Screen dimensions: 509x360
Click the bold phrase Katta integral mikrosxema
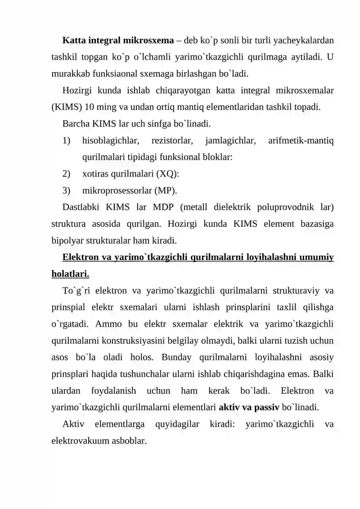click(118, 41)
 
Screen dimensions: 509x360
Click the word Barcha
click(76, 123)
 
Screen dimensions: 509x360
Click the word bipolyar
click(65, 240)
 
